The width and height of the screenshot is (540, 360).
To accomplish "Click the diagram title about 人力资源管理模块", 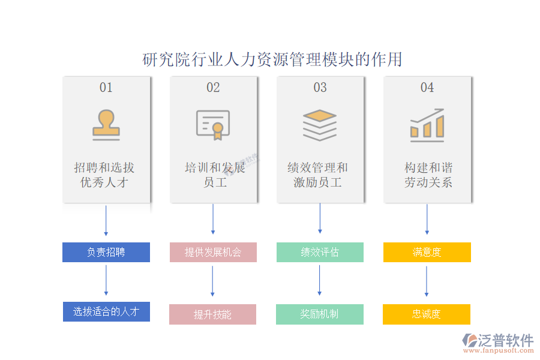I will coord(272,59).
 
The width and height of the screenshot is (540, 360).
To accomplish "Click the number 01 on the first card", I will coord(106,88).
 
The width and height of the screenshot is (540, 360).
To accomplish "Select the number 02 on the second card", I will coord(213,88).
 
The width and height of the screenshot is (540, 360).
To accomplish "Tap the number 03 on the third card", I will coord(320,88).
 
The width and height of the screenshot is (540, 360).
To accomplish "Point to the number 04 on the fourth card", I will coord(427,88).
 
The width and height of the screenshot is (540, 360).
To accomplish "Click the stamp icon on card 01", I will coord(106,125).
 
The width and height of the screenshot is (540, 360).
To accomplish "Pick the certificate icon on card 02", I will coord(213,125).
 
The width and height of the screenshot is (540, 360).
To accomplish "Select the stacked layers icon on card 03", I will coord(320,125).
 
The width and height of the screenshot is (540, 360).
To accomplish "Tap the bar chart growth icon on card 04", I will coord(427,124).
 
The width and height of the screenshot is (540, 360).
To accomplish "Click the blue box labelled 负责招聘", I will coord(106,252).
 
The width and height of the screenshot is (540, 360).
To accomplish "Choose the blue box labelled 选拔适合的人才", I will coord(106,311).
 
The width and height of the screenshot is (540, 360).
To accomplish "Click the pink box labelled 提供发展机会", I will coord(213,252).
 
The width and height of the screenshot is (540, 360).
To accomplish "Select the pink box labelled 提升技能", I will coord(212,314).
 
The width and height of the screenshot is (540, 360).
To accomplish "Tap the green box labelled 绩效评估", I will coord(320,252).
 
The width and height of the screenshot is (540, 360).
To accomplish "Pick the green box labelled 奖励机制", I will coord(320,314).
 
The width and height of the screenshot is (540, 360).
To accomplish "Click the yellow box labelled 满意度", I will coord(427,252).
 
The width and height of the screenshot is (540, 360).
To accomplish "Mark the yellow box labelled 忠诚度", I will coord(427,314).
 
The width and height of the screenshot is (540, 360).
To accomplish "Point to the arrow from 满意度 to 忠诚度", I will coord(427,281).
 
